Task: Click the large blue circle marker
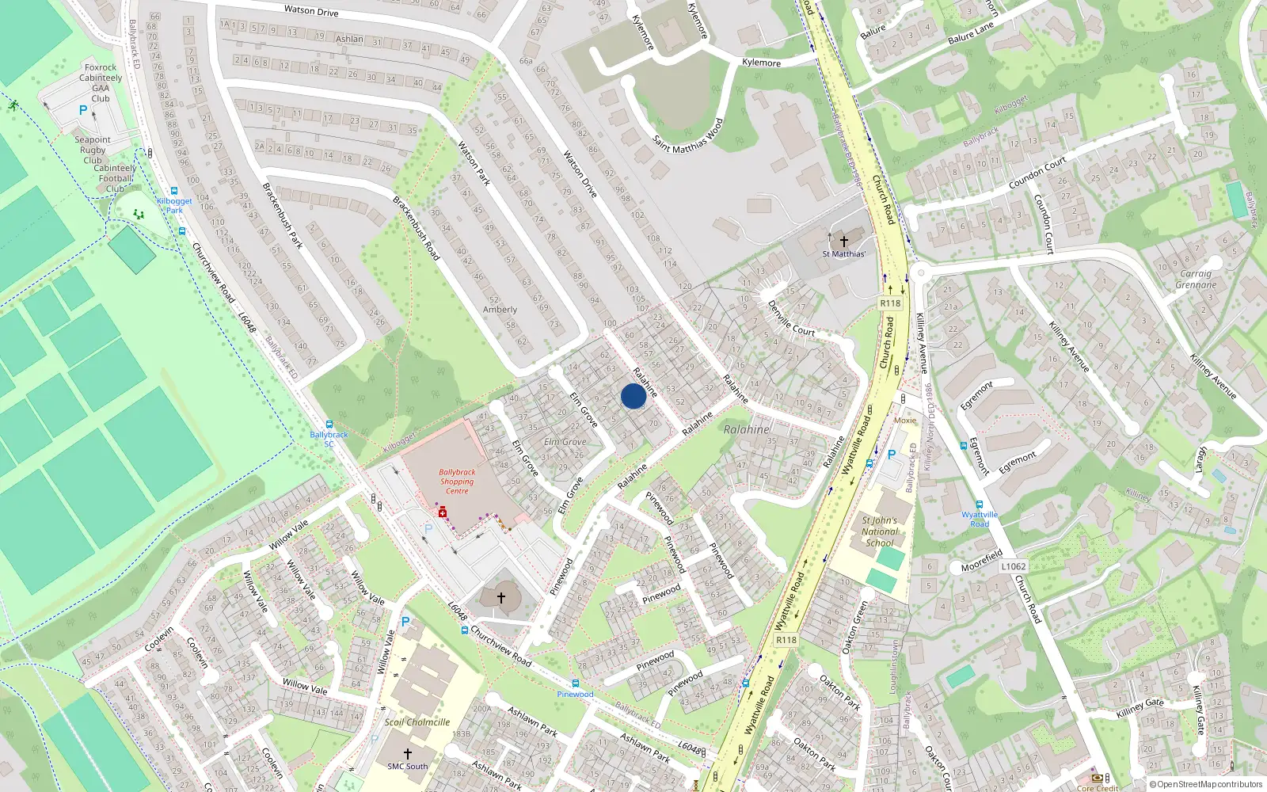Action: coord(633,396)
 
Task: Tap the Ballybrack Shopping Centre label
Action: coord(457,482)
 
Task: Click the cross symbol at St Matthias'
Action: coord(843,241)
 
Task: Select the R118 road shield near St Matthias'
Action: coord(890,303)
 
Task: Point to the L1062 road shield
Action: coord(1013,566)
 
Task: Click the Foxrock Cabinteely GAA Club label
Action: coord(101,83)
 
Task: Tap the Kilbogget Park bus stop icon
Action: coord(174,191)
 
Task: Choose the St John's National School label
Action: coord(880,532)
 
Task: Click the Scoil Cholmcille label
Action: coord(417,722)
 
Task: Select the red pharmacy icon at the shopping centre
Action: coord(443,512)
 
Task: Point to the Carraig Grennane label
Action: coord(1195,279)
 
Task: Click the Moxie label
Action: coord(904,421)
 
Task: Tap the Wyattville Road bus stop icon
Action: coord(980,505)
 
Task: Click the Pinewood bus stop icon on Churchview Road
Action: coord(575,683)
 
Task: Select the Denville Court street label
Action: coord(790,318)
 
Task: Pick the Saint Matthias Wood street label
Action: coord(688,137)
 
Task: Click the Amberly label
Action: coord(500,310)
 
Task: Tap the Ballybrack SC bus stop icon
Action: coord(329,425)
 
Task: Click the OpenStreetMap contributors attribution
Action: coord(1209,785)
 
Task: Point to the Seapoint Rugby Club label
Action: coord(93,150)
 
